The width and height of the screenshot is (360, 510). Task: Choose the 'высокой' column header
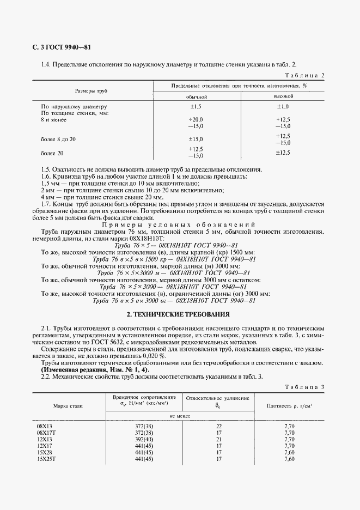click(x=283, y=96)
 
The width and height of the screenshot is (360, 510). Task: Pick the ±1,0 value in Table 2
click(x=283, y=107)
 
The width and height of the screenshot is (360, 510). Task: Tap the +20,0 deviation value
click(x=195, y=119)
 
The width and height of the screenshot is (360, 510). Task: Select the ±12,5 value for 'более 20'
click(x=283, y=153)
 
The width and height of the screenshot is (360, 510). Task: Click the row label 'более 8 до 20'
click(x=58, y=139)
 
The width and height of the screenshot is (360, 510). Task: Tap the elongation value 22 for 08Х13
click(x=218, y=426)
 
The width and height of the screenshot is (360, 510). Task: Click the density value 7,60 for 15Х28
click(x=289, y=452)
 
